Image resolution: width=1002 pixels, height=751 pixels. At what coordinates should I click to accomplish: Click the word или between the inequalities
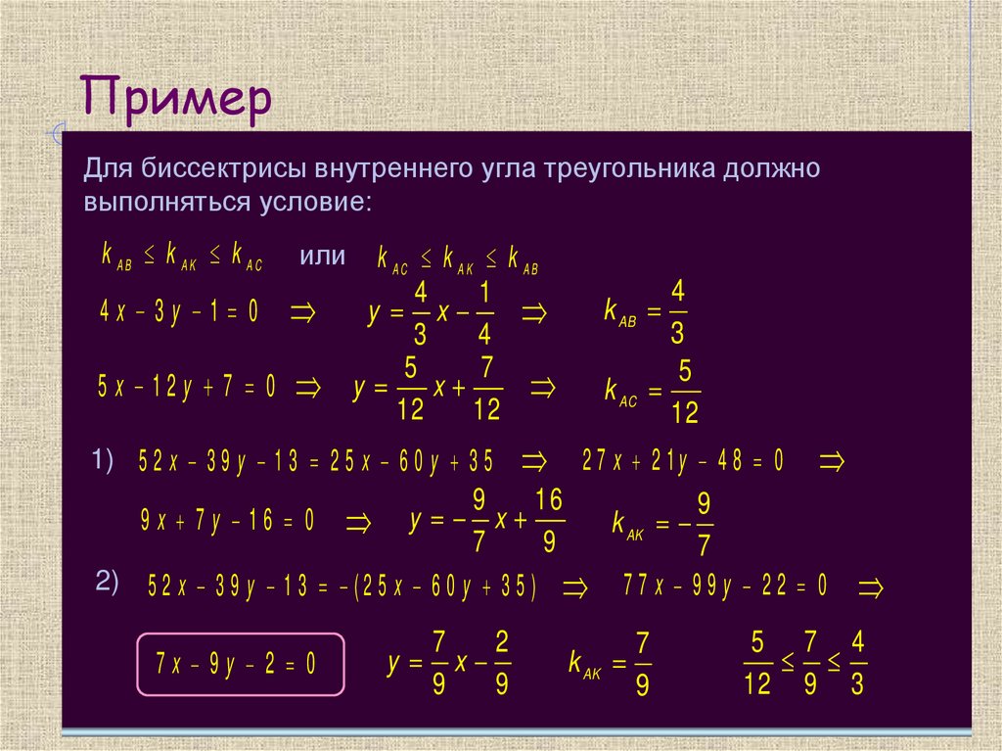323,256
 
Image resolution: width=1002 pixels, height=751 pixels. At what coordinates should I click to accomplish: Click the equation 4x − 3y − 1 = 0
179,312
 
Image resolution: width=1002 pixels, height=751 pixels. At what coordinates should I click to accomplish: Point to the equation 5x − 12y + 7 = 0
186,388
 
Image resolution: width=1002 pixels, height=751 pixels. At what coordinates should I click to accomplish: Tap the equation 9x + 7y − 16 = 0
227,521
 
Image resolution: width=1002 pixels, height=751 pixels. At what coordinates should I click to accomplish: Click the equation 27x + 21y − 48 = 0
683,461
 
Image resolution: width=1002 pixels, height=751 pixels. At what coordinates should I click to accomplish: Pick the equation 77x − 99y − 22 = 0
725,586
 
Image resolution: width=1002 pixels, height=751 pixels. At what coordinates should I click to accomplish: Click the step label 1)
104,458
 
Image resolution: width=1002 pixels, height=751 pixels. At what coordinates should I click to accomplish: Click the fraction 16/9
549,521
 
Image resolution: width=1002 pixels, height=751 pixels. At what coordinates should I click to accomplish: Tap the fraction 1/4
484,313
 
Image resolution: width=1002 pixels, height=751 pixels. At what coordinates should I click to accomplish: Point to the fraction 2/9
501,664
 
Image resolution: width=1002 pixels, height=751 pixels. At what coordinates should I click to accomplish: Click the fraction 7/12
486,389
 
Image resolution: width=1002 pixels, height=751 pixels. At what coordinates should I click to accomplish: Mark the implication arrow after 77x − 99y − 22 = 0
871,587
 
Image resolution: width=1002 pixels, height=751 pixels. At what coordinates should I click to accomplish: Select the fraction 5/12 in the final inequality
756,664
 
